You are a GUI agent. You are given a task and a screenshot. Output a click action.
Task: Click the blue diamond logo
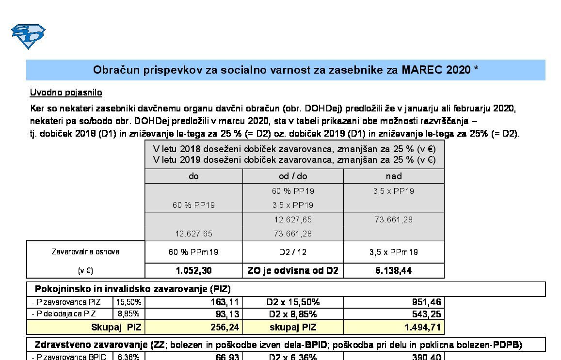[x=28, y=36]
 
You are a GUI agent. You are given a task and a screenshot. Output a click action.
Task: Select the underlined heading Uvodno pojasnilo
[x=66, y=92]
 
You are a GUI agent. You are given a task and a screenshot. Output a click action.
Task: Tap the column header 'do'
[x=193, y=176]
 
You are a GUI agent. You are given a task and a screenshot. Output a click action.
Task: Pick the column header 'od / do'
[x=293, y=176]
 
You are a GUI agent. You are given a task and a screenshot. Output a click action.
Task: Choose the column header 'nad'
[x=394, y=176]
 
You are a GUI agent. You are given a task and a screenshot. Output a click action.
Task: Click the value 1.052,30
[x=193, y=270]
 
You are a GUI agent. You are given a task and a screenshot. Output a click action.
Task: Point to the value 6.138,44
[x=394, y=270]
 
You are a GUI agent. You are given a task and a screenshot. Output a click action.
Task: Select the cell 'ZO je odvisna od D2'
[x=293, y=270]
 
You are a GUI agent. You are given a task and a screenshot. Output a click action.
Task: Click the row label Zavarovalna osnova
[x=85, y=252]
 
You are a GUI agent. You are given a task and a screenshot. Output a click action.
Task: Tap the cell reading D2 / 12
[x=293, y=252]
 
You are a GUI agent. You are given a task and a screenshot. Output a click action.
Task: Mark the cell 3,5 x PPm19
[x=394, y=252]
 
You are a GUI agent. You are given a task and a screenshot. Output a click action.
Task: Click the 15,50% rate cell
[x=128, y=302]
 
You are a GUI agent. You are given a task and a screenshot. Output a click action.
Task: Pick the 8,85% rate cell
[x=128, y=313]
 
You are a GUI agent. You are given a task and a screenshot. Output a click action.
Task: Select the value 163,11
[x=224, y=302]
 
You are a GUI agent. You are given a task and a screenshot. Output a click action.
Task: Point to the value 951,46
[x=425, y=302]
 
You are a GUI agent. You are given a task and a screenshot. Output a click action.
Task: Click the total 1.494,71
[x=422, y=328]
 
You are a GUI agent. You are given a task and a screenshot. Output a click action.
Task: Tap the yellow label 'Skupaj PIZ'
[x=116, y=328]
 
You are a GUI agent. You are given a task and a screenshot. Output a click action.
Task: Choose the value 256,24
[x=224, y=328]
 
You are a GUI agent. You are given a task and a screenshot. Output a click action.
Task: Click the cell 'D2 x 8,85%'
[x=293, y=313]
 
